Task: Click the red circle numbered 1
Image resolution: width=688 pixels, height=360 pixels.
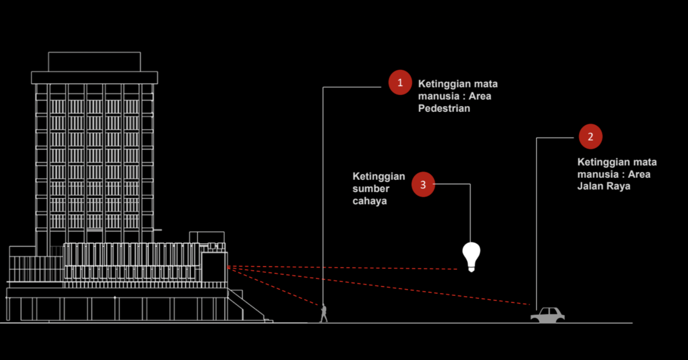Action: [x=400, y=83]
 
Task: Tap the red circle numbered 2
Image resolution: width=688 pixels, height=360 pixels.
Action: [x=590, y=137]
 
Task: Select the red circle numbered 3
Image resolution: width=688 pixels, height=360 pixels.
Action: [x=423, y=184]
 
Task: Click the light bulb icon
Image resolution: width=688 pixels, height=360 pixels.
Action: [x=471, y=256]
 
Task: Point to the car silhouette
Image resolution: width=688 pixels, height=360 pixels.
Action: [x=548, y=315]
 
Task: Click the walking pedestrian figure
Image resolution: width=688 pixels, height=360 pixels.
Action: [x=324, y=313]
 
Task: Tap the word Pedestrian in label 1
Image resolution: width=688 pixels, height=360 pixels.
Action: [x=444, y=108]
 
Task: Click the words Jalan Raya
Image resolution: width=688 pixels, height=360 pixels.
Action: [x=604, y=186]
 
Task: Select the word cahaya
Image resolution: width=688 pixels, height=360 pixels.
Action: [x=370, y=201]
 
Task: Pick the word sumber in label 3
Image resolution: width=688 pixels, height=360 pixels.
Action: [x=371, y=189]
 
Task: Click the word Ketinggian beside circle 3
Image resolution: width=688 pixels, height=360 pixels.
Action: [x=378, y=176]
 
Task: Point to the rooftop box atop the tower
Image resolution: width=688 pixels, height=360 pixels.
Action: [x=94, y=61]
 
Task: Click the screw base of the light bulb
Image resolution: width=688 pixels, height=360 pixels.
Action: [x=471, y=267]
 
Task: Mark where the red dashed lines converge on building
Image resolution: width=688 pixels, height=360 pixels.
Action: [x=228, y=267]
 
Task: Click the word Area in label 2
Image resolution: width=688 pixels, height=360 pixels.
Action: [x=639, y=174]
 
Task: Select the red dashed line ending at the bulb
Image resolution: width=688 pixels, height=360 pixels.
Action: [x=354, y=268]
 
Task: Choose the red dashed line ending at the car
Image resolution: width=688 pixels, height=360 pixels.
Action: [x=398, y=288]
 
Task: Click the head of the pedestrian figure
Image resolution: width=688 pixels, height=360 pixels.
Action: [x=324, y=305]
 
